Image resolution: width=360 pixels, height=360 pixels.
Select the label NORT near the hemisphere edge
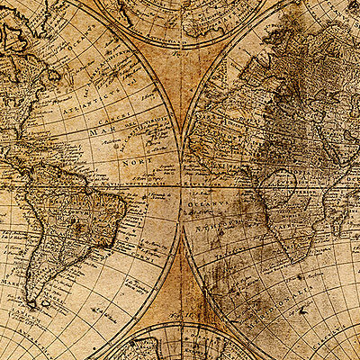click(x=133, y=165)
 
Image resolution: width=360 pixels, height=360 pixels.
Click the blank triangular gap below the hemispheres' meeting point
click(x=180, y=279)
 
